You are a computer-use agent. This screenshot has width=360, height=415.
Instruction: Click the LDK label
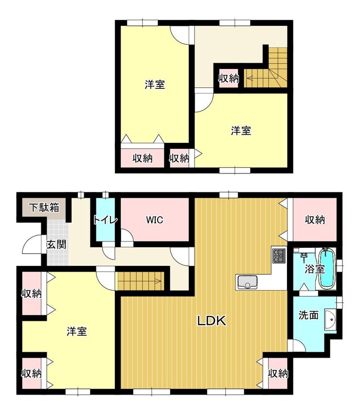tap(212, 321)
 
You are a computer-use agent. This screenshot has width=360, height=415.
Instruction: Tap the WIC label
tap(155, 220)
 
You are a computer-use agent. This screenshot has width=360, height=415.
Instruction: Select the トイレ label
tap(105, 220)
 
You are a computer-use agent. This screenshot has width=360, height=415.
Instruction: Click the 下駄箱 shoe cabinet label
tap(44, 207)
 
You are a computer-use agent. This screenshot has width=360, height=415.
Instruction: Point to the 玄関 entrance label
tap(56, 244)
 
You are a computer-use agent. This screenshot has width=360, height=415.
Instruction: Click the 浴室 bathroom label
tap(314, 269)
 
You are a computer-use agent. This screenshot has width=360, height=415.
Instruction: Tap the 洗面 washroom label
tap(308, 315)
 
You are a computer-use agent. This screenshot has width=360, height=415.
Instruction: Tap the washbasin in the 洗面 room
tap(330, 319)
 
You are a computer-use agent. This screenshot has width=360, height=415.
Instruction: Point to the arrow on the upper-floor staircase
tap(262, 78)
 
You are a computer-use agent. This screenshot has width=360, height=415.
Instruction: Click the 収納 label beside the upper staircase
tap(228, 79)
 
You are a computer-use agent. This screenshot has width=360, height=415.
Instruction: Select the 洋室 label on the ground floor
tap(76, 331)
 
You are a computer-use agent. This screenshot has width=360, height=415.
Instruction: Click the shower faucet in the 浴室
tap(304, 256)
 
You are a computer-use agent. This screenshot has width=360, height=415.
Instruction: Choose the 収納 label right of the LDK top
tap(314, 220)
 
